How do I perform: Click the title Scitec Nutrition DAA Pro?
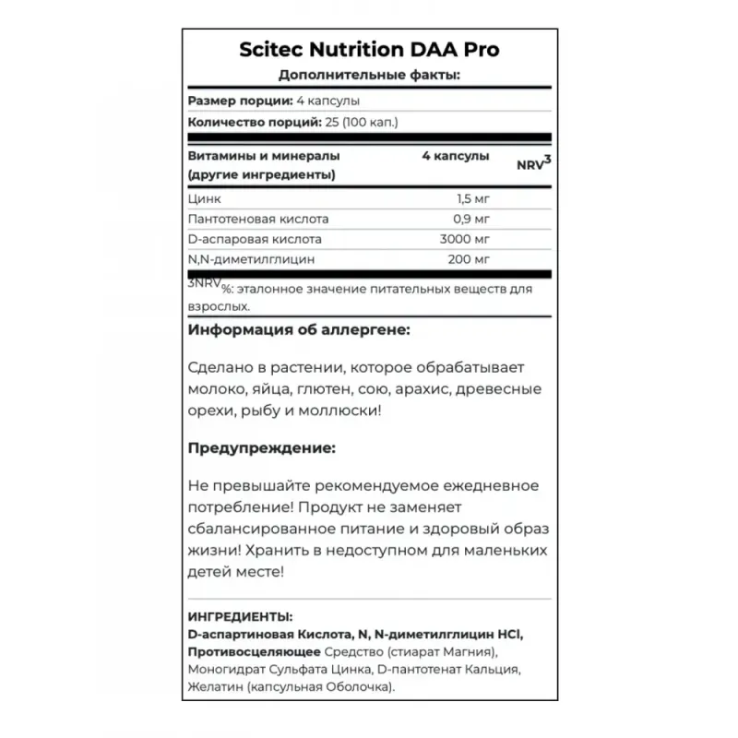click(x=369, y=50)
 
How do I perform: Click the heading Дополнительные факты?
click(x=369, y=76)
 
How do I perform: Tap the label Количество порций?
click(x=243, y=122)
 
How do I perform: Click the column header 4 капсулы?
click(x=455, y=156)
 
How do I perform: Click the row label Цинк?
click(x=204, y=199)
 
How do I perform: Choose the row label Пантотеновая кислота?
click(x=257, y=220)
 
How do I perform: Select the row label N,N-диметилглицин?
click(x=249, y=260)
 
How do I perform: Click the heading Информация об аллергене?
click(x=298, y=329)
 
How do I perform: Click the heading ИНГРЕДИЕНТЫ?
click(x=240, y=616)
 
